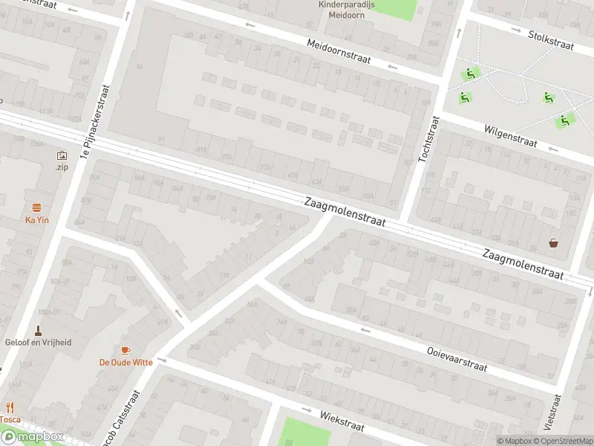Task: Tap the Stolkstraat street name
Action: pos(551,39)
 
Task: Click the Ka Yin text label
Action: pos(36,220)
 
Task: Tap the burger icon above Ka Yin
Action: pos(36,207)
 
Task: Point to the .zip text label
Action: pos(61,168)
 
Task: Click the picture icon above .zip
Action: pos(61,155)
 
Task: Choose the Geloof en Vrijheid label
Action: pos(38,343)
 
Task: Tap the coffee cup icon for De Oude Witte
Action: pos(125,350)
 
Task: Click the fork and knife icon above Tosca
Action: pos(10,407)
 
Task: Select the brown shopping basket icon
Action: pos(554,243)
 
